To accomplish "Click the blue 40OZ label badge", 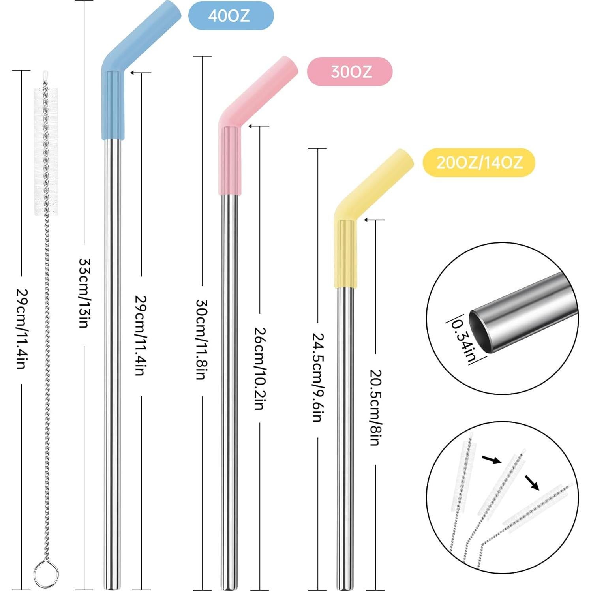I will click(231, 16).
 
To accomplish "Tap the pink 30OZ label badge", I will click(350, 71).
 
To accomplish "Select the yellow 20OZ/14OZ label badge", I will click(478, 162).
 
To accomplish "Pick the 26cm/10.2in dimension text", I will click(259, 368).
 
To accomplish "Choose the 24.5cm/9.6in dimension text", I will click(318, 377).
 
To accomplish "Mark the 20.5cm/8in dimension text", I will click(375, 407).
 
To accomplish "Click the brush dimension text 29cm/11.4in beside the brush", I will click(21, 329).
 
